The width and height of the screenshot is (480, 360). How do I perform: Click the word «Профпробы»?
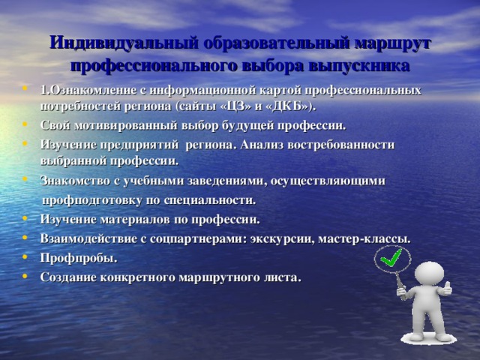pyautogui.click(x=79, y=258)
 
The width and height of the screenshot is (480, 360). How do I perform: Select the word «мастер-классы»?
pyautogui.click(x=364, y=238)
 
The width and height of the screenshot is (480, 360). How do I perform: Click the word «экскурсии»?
pyautogui.click(x=282, y=239)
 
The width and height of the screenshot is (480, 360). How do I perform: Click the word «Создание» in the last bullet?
pyautogui.click(x=69, y=277)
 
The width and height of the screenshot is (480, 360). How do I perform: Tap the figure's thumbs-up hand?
pyautogui.click(x=446, y=289)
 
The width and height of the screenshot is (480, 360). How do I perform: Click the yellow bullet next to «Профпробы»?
pyautogui.click(x=25, y=256)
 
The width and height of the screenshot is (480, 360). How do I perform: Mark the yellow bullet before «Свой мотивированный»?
pyautogui.click(x=25, y=124)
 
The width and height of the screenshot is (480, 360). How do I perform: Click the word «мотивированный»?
pyautogui.click(x=126, y=126)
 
